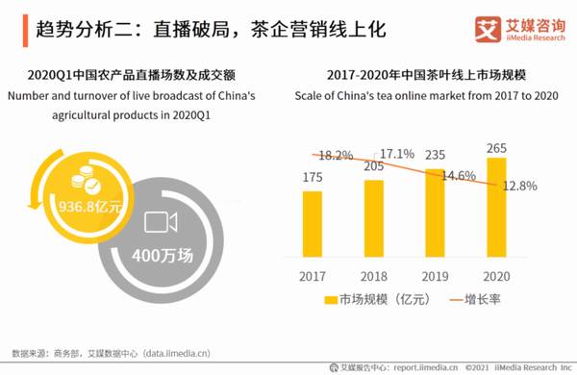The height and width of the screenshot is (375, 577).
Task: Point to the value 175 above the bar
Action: [x=313, y=178]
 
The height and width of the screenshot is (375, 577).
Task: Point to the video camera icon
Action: [x=160, y=223]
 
